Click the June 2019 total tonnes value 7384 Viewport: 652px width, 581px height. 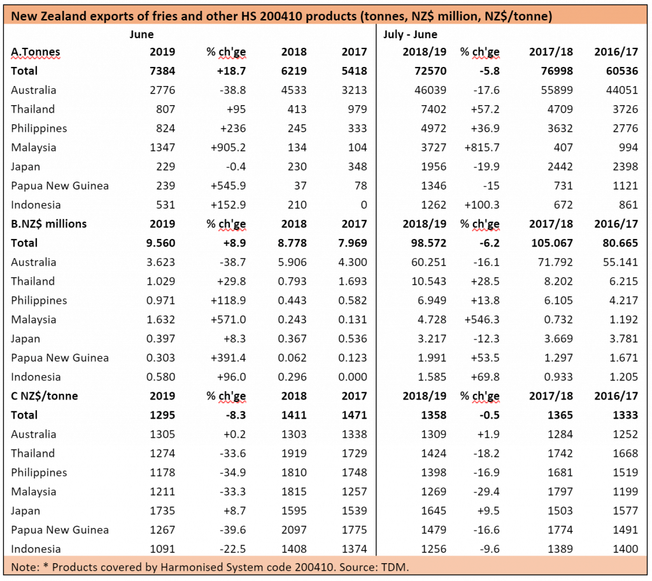162,71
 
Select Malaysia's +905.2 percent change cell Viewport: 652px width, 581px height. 229,148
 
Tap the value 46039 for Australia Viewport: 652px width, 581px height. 430,90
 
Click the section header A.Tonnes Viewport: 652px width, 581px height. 36,52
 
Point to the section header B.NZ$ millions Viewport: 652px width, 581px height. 48,224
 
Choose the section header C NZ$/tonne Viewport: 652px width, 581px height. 44,396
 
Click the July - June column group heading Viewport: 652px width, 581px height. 410,34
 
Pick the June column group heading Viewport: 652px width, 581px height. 141,34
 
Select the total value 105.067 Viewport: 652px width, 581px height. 552,243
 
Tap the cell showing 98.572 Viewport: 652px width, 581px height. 429,243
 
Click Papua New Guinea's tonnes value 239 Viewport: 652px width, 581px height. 166,186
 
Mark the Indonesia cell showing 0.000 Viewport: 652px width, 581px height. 353,377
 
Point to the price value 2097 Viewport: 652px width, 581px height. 294,530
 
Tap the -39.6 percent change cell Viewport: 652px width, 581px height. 232,530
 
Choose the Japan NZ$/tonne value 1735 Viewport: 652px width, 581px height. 162,511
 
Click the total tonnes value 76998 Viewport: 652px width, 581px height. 556,71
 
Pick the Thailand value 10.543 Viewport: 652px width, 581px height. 429,282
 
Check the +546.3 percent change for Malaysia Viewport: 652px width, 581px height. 482,320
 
